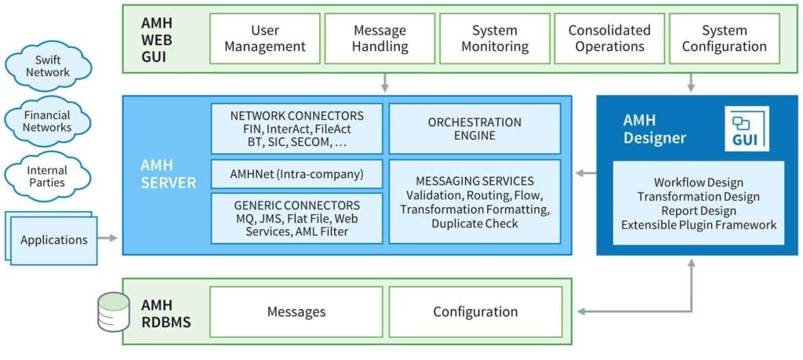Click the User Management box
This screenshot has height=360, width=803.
click(265, 38)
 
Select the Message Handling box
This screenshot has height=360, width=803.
click(380, 38)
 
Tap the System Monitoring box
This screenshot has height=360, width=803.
click(495, 38)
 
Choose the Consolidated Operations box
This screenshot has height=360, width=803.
click(609, 38)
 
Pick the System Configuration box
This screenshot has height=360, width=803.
click(724, 38)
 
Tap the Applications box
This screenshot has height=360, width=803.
click(54, 238)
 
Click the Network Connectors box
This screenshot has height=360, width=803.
click(297, 128)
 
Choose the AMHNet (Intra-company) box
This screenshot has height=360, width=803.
click(297, 173)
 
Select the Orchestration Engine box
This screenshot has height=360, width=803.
click(474, 129)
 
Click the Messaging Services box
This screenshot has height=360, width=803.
click(474, 202)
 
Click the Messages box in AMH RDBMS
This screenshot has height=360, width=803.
click(296, 311)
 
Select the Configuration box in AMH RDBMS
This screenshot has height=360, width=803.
click(475, 311)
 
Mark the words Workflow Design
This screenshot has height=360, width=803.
click(698, 183)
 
